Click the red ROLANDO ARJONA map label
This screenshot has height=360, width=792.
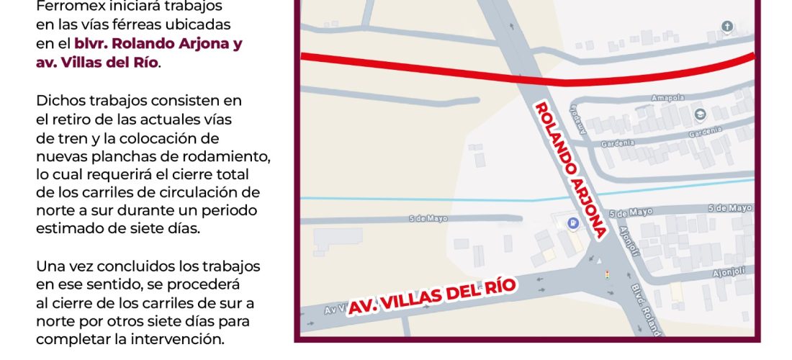click(568, 170)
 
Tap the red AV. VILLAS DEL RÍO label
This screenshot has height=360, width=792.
click(432, 296)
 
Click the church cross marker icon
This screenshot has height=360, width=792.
click(727, 27)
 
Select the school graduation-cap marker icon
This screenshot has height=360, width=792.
click(700, 114)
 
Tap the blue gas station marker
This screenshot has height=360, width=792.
click(573, 223)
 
